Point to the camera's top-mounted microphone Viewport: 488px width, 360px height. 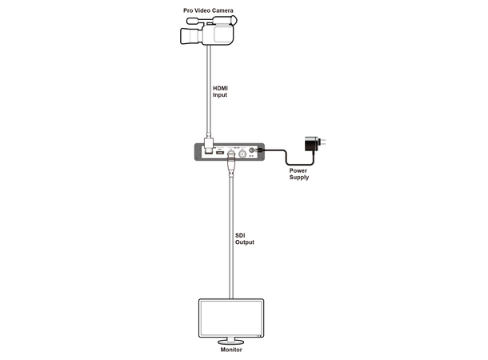click(x=191, y=21)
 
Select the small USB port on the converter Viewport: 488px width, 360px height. click(x=219, y=154)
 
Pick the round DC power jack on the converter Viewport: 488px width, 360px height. click(x=253, y=150)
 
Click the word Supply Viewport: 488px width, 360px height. click(x=299, y=178)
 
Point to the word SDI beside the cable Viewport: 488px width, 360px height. click(x=241, y=234)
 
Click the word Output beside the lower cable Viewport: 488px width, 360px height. click(x=244, y=242)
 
